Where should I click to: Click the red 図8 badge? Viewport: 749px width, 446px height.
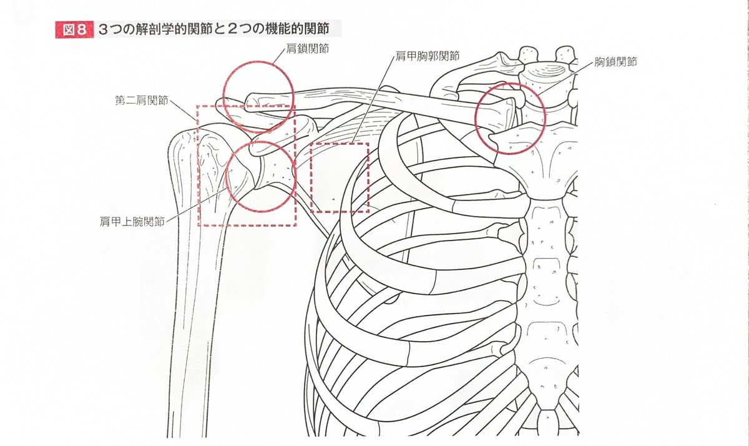[x=74, y=30]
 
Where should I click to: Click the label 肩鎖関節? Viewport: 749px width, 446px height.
[x=307, y=49]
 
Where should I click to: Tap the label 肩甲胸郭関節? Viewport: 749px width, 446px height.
[x=428, y=56]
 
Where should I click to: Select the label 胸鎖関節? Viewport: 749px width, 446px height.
[x=615, y=62]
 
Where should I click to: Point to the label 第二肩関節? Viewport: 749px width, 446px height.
[x=142, y=100]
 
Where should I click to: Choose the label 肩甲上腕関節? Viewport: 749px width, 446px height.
[x=132, y=222]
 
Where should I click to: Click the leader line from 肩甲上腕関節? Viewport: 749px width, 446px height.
[x=197, y=204]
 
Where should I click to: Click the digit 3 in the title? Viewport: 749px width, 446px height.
[x=104, y=29]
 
